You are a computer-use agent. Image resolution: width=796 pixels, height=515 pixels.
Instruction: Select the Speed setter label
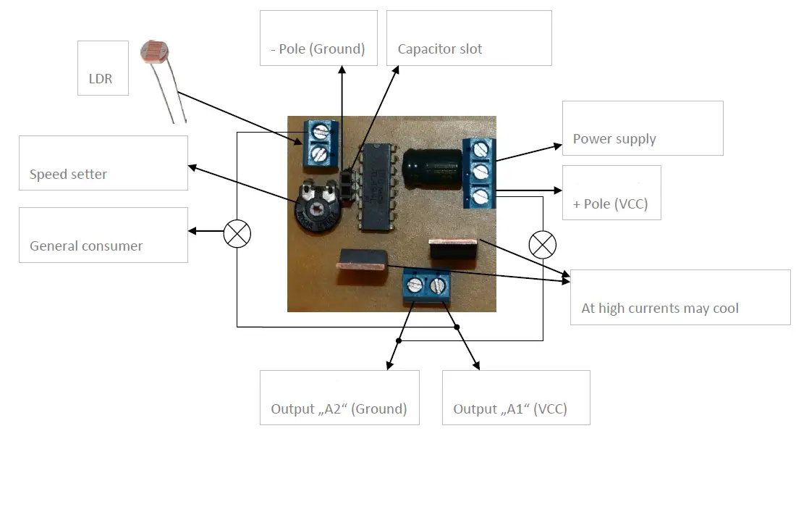click(x=68, y=174)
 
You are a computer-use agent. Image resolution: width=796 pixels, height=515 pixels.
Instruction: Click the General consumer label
click(x=86, y=246)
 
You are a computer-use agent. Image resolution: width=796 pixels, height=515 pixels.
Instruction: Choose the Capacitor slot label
click(x=440, y=49)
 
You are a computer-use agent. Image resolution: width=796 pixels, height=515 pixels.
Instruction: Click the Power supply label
click(x=614, y=138)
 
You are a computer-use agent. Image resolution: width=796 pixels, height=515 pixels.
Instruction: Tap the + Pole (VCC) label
click(x=611, y=204)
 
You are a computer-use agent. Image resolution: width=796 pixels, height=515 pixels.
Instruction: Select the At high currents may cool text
click(x=660, y=308)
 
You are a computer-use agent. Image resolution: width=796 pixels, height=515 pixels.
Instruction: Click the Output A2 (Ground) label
click(x=339, y=409)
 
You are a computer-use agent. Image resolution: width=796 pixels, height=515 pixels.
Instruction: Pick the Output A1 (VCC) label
click(x=510, y=409)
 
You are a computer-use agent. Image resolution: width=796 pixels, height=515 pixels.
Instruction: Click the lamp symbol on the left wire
click(x=237, y=233)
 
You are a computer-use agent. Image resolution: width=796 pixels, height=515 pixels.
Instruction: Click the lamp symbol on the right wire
click(x=543, y=245)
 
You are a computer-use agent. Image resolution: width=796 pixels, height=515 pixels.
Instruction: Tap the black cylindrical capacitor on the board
click(x=433, y=169)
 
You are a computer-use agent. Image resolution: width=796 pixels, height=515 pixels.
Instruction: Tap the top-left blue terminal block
click(x=318, y=143)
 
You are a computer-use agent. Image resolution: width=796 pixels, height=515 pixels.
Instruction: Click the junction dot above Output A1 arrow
click(x=457, y=327)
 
